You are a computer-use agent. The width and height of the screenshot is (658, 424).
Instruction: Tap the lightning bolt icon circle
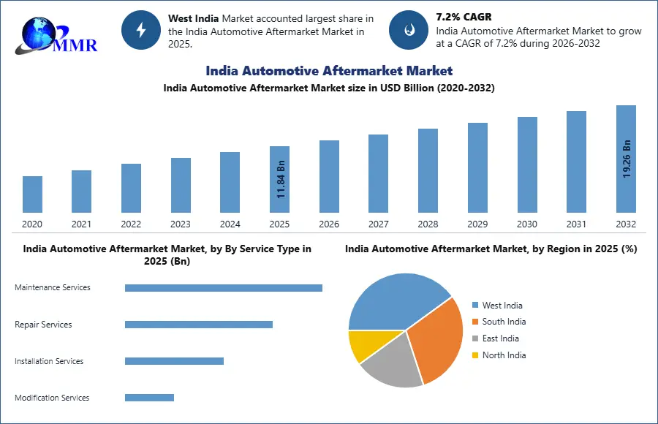141,30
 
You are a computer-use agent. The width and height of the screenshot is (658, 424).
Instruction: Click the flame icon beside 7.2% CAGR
408,30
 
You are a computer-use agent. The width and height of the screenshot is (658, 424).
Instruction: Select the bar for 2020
32,194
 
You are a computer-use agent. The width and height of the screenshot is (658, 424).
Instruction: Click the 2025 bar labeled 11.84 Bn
279,180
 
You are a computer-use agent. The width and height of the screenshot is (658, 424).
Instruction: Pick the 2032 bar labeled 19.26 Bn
626,159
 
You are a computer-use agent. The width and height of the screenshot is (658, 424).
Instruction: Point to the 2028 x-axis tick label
428,224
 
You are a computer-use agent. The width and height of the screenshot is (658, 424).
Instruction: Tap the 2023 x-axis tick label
181,224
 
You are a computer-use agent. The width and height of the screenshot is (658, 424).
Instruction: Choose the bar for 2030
527,165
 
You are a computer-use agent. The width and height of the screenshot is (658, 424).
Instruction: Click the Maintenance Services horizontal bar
224,288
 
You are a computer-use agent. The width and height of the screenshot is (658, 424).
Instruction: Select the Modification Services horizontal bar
149,398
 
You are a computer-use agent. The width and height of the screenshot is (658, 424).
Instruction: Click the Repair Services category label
43,325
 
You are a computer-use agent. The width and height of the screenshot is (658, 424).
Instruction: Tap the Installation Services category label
49,361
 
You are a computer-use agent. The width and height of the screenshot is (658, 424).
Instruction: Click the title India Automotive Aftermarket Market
329,71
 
